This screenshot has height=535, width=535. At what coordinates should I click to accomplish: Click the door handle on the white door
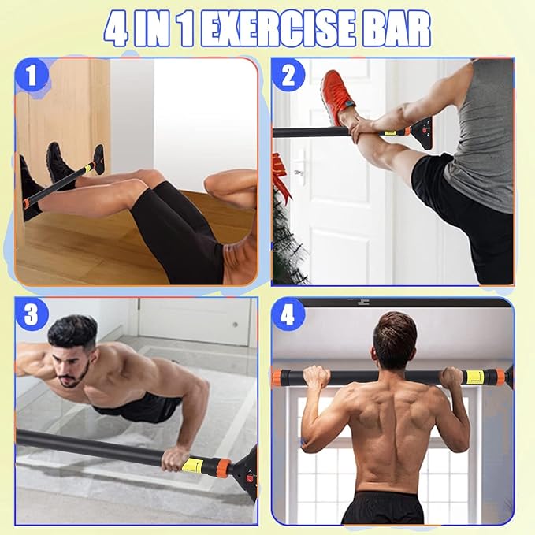pyautogui.click(x=298, y=170)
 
